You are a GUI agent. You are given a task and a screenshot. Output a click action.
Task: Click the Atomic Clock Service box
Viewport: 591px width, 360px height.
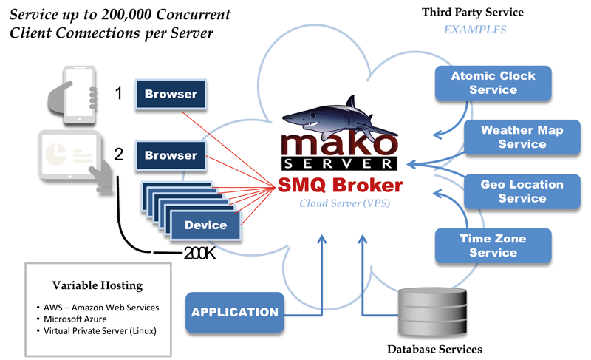[493, 83]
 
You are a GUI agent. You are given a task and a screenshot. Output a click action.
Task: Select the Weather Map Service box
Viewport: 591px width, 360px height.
[522, 137]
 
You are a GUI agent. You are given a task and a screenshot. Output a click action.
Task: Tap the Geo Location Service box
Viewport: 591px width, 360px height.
[522, 191]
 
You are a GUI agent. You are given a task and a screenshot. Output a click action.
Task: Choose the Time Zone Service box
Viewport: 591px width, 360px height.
[493, 245]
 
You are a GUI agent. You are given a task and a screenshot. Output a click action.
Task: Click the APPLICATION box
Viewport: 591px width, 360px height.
[234, 312]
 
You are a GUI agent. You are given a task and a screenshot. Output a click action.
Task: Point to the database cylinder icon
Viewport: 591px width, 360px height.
[433, 311]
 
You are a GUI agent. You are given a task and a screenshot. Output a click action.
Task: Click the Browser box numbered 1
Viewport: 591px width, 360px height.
[171, 94]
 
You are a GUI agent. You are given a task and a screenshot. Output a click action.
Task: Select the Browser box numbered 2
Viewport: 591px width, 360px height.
[171, 155]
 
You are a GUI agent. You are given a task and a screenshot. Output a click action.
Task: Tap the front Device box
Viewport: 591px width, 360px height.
[205, 225]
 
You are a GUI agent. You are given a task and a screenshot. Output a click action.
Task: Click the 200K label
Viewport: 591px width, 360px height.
[199, 254]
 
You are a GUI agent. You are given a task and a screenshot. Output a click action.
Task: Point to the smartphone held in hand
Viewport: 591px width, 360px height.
[72, 95]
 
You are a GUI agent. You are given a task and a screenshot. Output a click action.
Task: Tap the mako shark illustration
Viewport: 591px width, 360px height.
[339, 117]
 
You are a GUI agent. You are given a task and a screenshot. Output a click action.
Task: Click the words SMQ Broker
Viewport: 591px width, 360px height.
[341, 185]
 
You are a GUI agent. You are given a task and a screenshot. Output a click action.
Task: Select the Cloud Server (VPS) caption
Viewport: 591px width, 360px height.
[344, 203]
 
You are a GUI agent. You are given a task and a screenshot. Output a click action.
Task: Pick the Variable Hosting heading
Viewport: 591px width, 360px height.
[98, 285]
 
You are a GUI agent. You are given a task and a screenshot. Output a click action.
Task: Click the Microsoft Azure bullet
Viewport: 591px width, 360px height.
[75, 319]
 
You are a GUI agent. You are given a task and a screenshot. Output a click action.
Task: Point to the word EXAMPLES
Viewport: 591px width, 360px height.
[475, 30]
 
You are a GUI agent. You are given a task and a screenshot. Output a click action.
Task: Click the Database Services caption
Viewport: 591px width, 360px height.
[434, 350]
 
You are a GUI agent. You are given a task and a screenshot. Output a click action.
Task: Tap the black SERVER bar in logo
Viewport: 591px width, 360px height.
[339, 163]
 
